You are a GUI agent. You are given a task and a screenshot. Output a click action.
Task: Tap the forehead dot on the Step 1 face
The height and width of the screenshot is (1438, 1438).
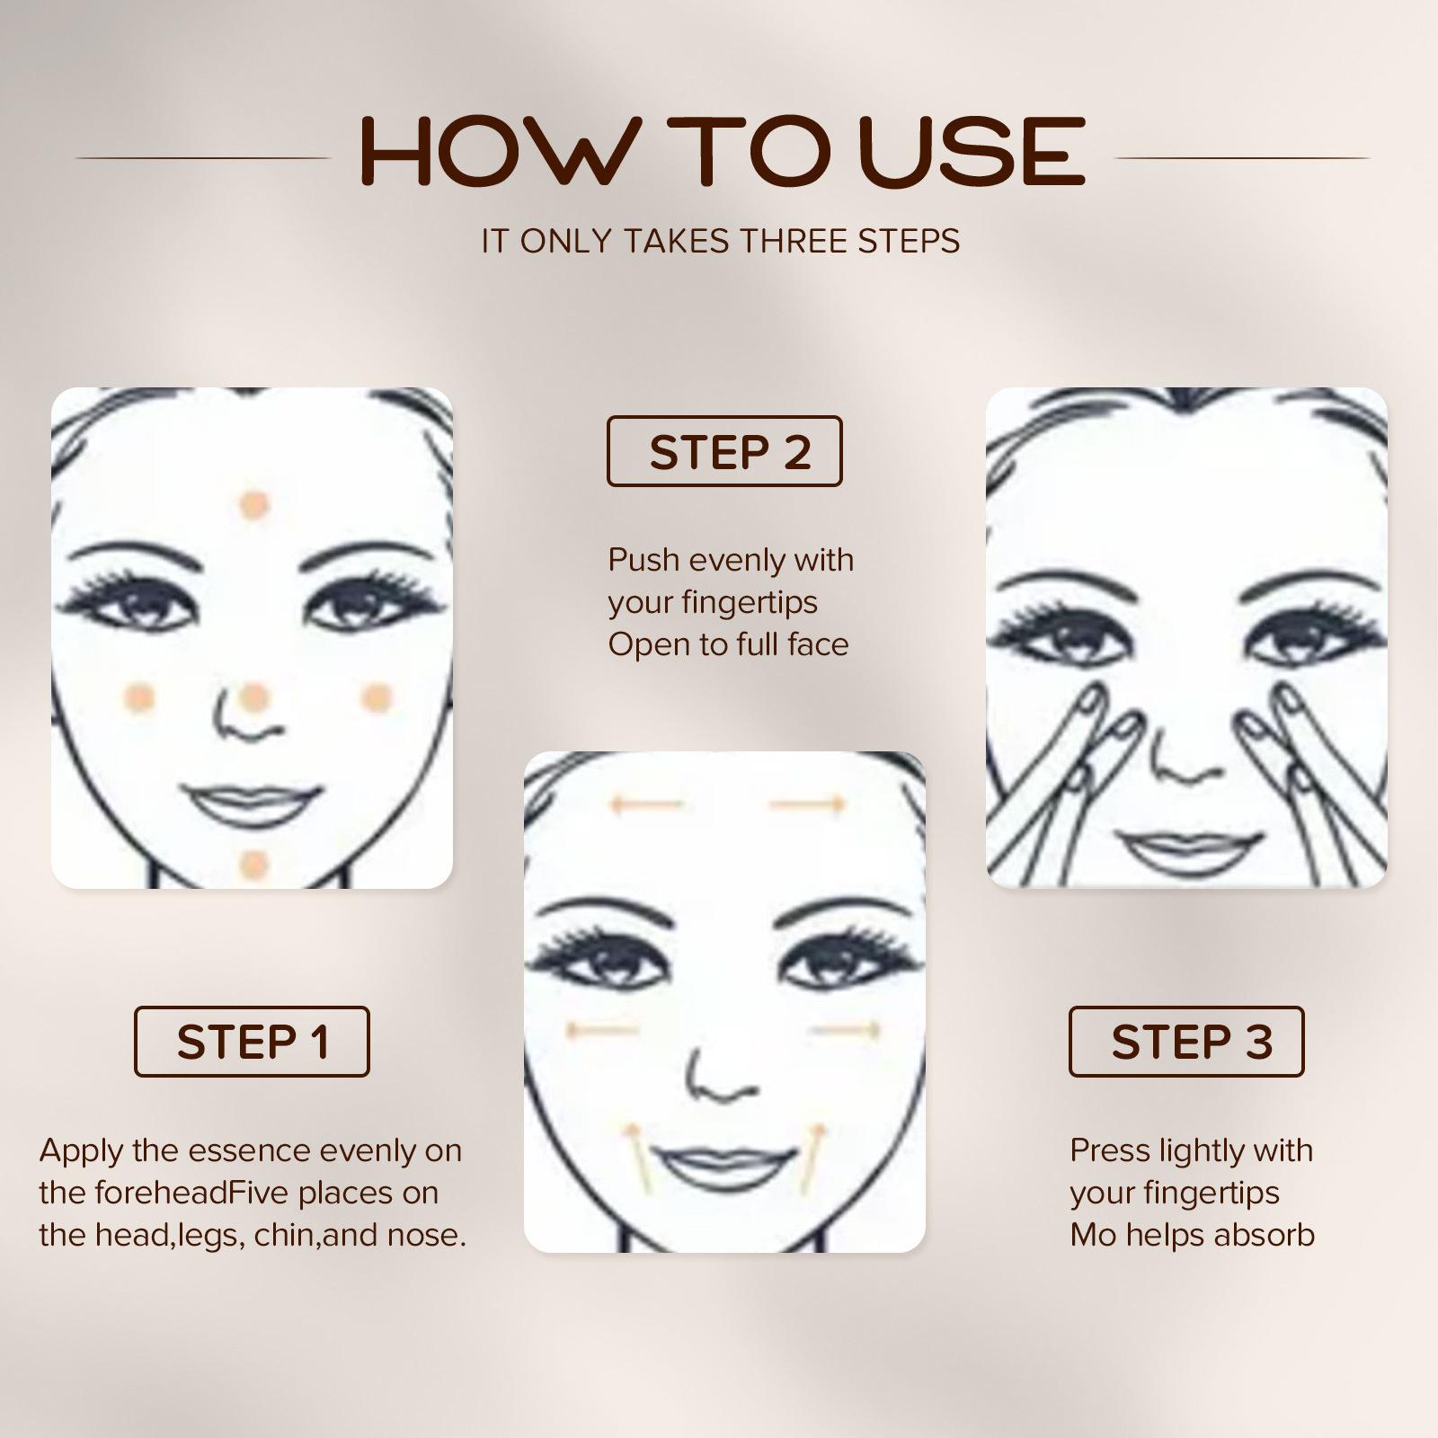point(254,505)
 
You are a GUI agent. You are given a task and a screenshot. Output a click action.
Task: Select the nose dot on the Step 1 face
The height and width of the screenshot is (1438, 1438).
point(254,697)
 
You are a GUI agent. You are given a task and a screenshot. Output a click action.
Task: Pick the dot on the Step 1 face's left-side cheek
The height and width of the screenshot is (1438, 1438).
point(139,697)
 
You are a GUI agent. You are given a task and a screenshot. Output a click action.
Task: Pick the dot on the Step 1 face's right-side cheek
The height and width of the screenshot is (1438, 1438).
point(377,697)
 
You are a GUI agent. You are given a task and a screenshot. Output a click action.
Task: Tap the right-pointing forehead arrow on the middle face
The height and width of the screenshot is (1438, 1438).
point(806,803)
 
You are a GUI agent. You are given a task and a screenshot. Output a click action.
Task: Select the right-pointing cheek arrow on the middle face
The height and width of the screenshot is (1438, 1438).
point(848,1030)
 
